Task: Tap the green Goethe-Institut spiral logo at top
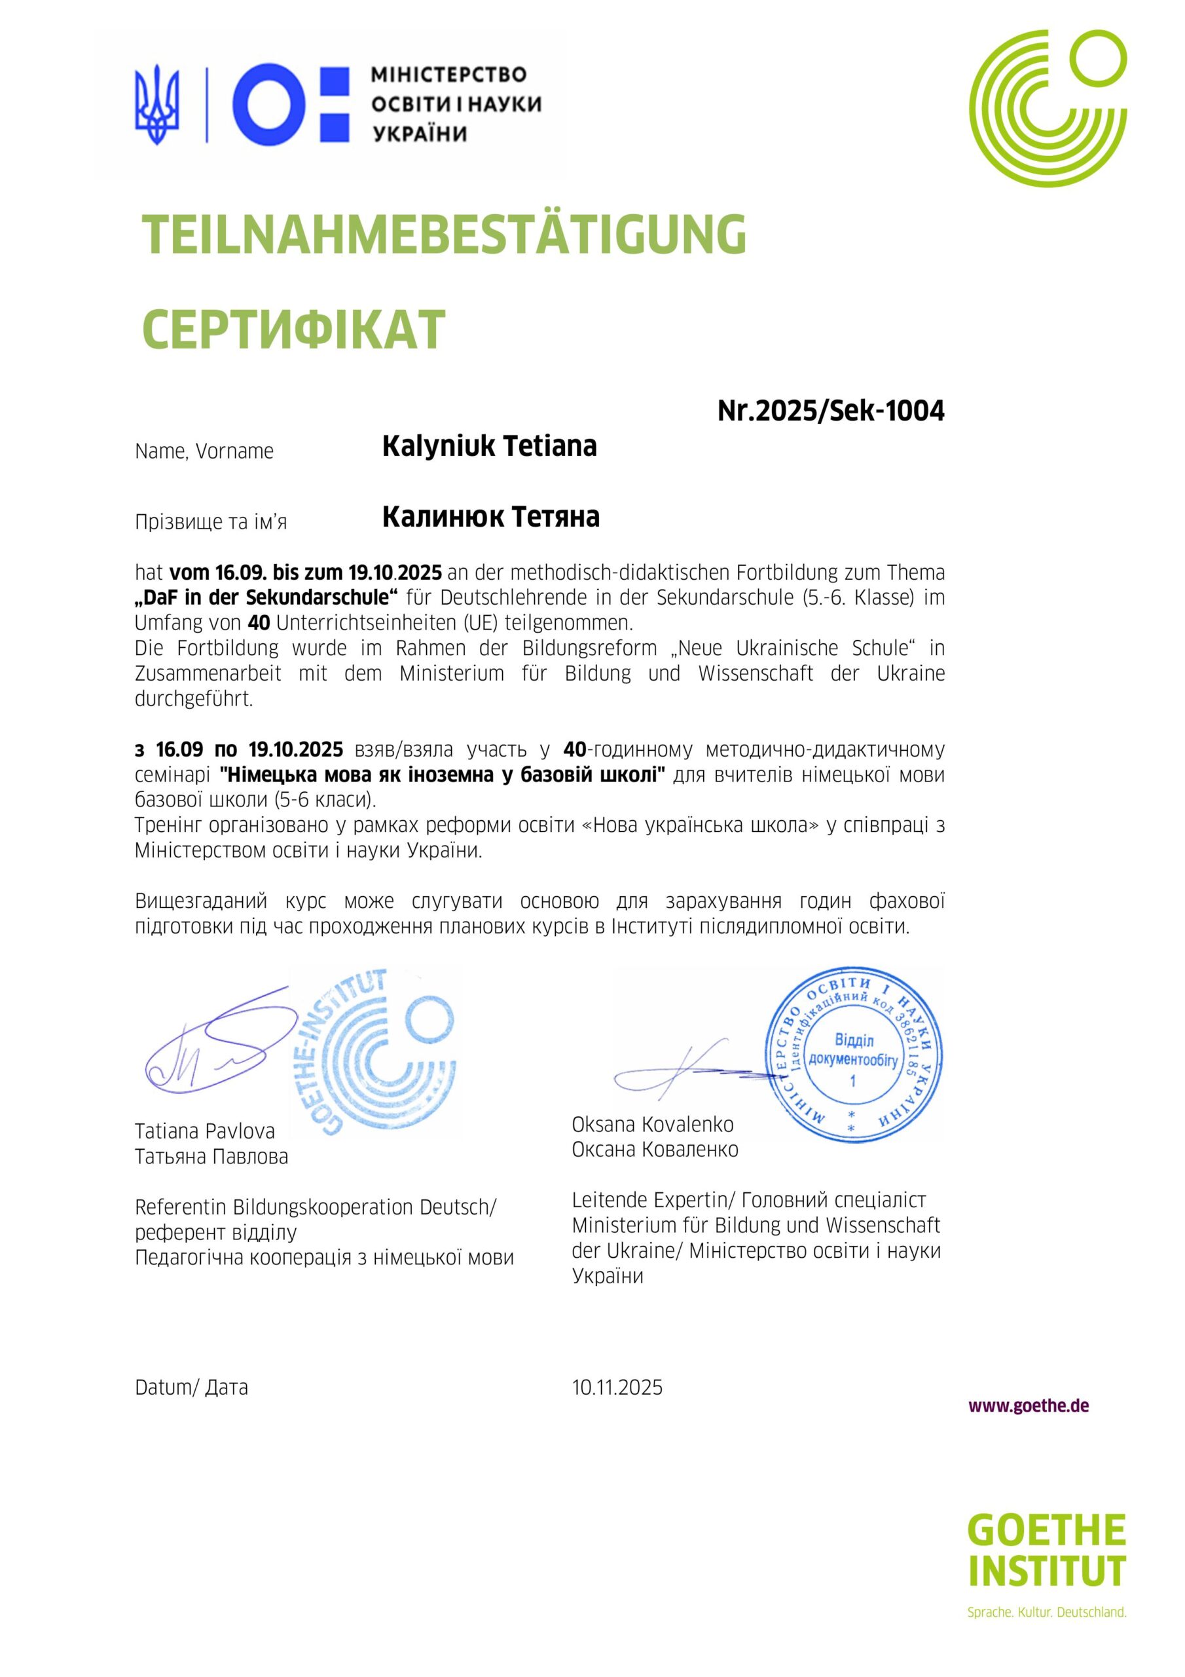click(x=1048, y=108)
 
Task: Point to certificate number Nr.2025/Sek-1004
click(x=830, y=411)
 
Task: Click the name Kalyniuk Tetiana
click(x=489, y=445)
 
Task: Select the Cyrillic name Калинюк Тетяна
click(x=490, y=516)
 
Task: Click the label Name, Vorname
click(x=204, y=451)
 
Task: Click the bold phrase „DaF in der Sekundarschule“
click(x=266, y=597)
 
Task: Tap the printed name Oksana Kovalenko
click(x=653, y=1124)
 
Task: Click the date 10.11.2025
click(x=617, y=1387)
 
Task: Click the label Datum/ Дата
click(x=191, y=1387)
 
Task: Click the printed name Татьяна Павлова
click(x=211, y=1156)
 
